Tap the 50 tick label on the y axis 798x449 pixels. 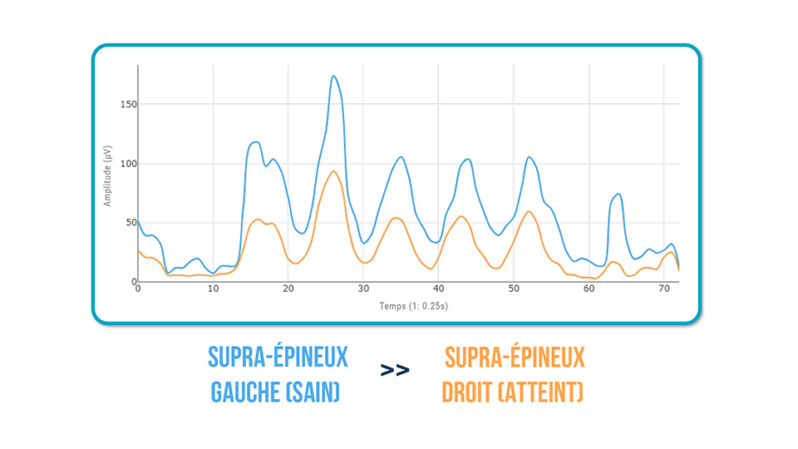pyautogui.click(x=128, y=223)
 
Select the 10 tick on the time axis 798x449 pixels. pyautogui.click(x=213, y=289)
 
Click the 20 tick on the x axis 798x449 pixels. pyautogui.click(x=288, y=289)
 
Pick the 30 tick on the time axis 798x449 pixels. pyautogui.click(x=363, y=289)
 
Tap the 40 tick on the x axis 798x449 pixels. pyautogui.click(x=438, y=289)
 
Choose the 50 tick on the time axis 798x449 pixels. pyautogui.click(x=513, y=289)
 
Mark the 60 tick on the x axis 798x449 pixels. pyautogui.click(x=589, y=289)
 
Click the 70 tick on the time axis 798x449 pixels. pyautogui.click(x=663, y=289)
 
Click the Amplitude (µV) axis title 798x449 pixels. pyautogui.click(x=107, y=175)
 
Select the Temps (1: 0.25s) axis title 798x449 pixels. pyautogui.click(x=408, y=305)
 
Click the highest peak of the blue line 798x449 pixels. pyautogui.click(x=333, y=76)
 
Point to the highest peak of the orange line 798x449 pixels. pyautogui.click(x=333, y=171)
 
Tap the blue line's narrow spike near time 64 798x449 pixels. pyautogui.click(x=618, y=194)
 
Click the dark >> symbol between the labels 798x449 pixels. pyautogui.click(x=395, y=370)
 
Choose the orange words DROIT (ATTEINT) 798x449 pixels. pyautogui.click(x=513, y=391)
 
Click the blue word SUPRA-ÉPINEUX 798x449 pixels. pyautogui.click(x=278, y=358)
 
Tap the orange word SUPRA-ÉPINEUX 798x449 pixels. pyautogui.click(x=515, y=358)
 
